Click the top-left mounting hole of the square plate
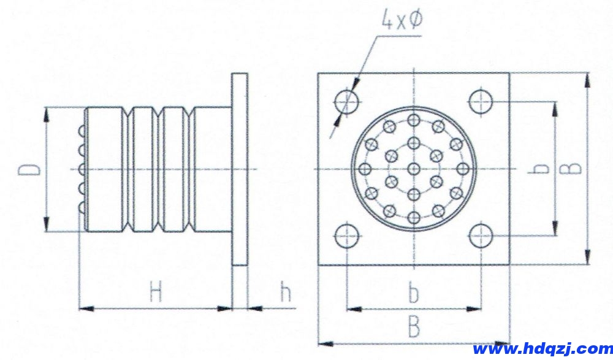click(x=346, y=102)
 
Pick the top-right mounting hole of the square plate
click(x=481, y=102)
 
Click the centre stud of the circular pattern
click(x=414, y=169)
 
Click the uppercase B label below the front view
click(x=414, y=327)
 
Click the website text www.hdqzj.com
click(x=543, y=348)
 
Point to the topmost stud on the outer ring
click(x=414, y=120)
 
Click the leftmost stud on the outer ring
click(x=365, y=169)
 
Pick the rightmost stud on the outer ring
click(x=462, y=169)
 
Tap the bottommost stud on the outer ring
click(x=414, y=218)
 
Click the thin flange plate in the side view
click(x=240, y=169)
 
